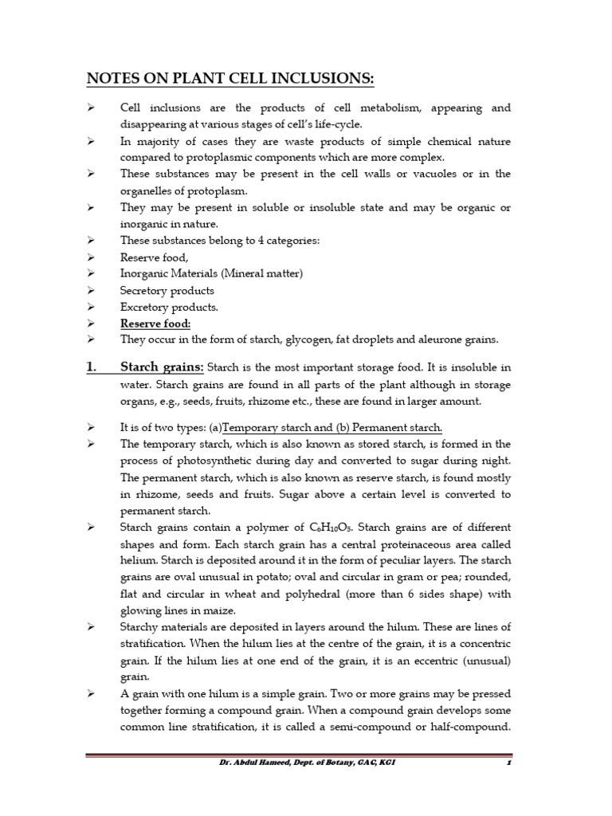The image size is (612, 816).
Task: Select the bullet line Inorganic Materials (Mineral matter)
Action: (211, 273)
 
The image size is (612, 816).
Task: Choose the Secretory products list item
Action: (167, 290)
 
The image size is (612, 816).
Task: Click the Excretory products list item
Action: (169, 307)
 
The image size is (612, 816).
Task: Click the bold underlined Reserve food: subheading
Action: (155, 324)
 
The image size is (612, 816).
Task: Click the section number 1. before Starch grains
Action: (92, 367)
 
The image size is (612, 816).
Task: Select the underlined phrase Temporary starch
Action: (273, 428)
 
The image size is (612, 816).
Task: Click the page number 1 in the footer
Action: (507, 763)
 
